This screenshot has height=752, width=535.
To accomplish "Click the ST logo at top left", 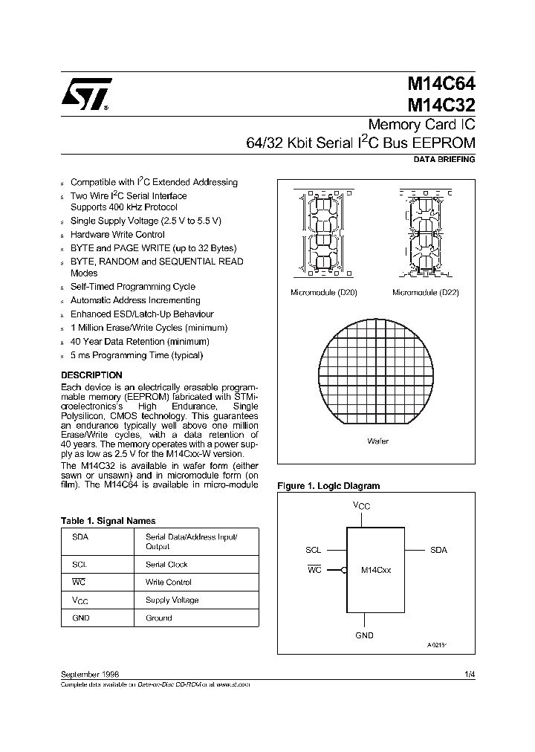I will (x=86, y=95).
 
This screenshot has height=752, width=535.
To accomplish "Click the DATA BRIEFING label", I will (x=444, y=160).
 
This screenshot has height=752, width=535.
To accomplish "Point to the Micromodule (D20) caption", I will (x=323, y=293).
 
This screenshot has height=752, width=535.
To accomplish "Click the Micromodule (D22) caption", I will (x=426, y=293).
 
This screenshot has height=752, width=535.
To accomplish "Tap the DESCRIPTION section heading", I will (x=91, y=375).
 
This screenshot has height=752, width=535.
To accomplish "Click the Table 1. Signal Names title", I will (x=108, y=521).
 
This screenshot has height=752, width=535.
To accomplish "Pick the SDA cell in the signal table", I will (x=80, y=537).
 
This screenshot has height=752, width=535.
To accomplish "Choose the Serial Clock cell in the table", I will (x=166, y=565).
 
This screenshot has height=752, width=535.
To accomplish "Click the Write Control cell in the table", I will (x=167, y=582).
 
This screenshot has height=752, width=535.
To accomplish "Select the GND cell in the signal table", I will (x=81, y=618).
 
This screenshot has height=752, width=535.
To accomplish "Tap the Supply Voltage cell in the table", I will (x=172, y=600).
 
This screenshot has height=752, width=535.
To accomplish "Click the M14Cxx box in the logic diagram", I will (x=376, y=570).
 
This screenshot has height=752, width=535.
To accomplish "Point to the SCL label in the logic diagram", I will (x=313, y=551).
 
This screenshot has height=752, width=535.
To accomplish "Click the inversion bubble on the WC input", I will (x=343, y=571).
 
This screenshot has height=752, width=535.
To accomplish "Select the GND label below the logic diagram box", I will (x=364, y=635).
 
